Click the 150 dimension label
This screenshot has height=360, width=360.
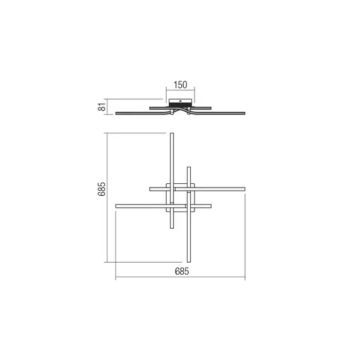click(180, 85)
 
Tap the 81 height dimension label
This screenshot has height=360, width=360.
click(102, 107)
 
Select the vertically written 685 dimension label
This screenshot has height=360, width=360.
click(102, 189)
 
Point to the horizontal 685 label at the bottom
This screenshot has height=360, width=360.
click(182, 272)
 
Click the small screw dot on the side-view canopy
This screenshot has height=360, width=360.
click(181, 100)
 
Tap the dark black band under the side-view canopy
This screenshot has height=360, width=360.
click(181, 104)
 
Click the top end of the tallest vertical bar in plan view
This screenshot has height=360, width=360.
click(172, 133)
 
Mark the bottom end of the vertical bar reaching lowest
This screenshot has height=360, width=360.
click(189, 261)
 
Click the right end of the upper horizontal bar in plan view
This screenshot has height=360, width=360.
click(244, 189)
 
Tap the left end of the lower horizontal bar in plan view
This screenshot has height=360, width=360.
click(116, 206)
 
